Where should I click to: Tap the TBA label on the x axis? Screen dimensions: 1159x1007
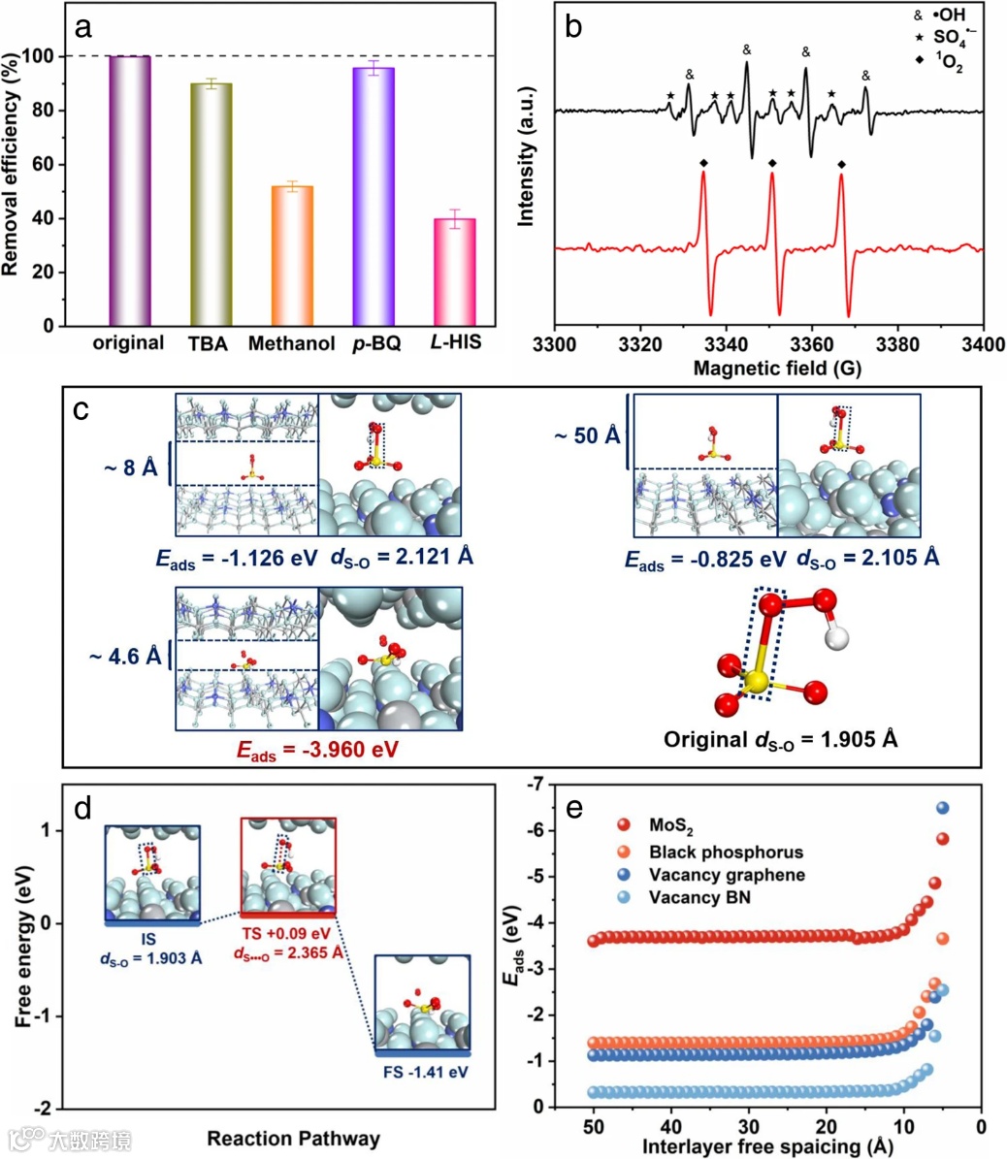coord(210,344)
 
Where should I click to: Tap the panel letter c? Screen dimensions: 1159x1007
coord(84,408)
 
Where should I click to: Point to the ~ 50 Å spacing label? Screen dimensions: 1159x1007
coord(586,435)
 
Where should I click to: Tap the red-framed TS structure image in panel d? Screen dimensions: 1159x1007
coord(287,864)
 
